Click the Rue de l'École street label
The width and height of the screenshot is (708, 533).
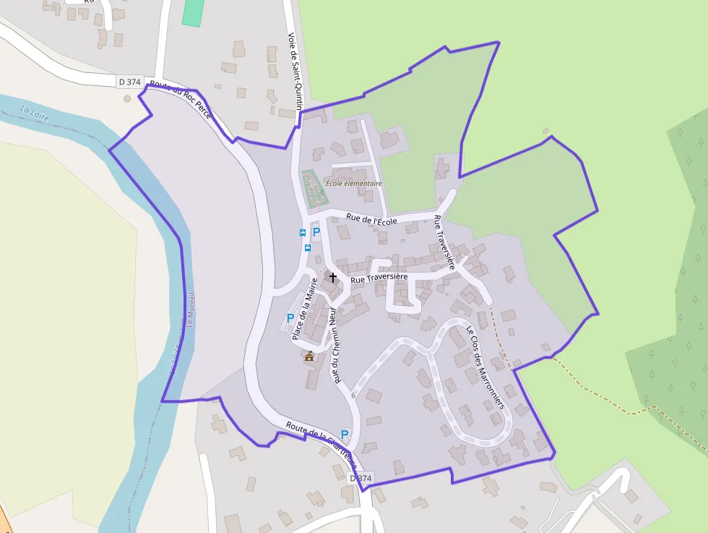pos(371,217)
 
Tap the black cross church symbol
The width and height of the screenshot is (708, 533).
pos(333,277)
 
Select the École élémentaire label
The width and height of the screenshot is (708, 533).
pos(353,184)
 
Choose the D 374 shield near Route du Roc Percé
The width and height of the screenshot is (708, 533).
pos(129,82)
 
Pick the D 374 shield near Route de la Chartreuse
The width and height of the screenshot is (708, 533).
pos(361,478)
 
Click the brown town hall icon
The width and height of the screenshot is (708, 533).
pos(309,356)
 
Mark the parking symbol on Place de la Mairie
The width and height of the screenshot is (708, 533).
pos(290,317)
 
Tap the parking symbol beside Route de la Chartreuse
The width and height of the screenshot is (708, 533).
pos(345,434)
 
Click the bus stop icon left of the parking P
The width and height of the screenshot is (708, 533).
pos(303,232)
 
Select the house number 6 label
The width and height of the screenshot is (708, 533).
pos(353,395)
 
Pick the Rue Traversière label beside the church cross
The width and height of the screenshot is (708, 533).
pos(379,278)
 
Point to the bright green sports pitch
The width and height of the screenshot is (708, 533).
pos(193,12)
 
